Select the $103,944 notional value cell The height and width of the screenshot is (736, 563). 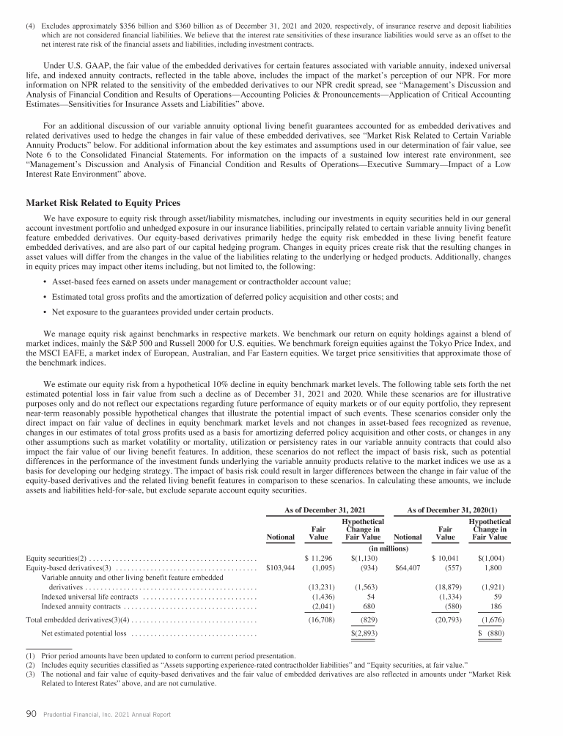[x=279, y=567]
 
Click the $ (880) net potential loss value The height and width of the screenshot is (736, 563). [x=493, y=633]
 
